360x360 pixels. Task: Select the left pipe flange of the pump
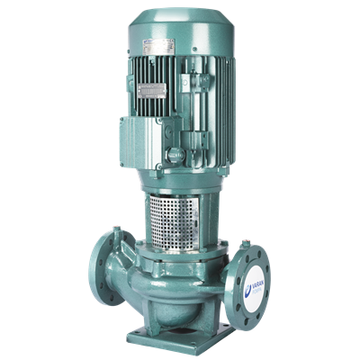(102, 267)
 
